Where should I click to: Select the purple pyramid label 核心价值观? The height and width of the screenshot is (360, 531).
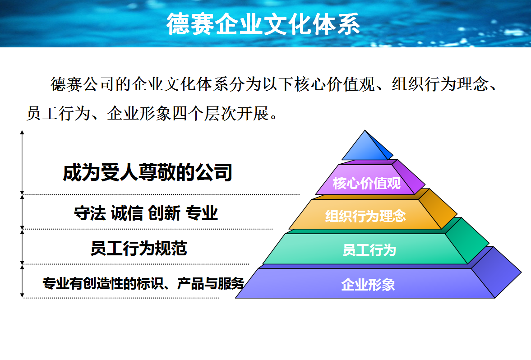[x=366, y=184]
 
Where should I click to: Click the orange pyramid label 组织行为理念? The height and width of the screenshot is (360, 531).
[x=365, y=216]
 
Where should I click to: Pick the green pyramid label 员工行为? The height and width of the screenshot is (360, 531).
[x=369, y=249]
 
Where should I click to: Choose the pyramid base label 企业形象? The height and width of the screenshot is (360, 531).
[x=368, y=285]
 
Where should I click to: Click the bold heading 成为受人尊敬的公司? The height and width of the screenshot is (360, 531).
[x=147, y=173]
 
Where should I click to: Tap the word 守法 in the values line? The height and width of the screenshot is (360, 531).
[x=90, y=213]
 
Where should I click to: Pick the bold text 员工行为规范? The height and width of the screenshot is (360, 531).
[x=139, y=248]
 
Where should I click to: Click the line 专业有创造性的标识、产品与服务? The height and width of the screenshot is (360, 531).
[x=143, y=283]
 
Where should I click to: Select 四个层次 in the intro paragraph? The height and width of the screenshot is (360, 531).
[x=197, y=113]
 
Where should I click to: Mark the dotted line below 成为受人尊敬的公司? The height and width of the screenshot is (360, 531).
[x=162, y=194]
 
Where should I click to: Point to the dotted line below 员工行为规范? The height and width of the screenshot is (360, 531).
[x=135, y=264]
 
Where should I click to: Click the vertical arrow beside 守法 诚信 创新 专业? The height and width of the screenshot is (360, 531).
[x=22, y=212]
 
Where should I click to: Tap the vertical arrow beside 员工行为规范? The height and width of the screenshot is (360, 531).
[x=22, y=246]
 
